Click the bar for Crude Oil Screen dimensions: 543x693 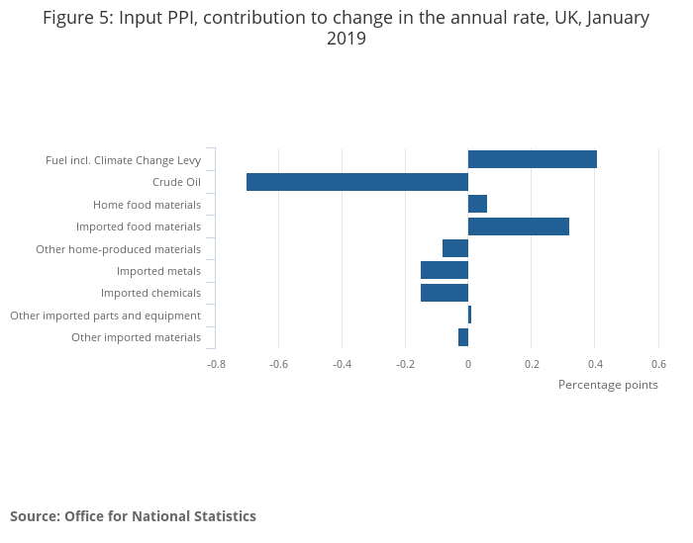[356, 182]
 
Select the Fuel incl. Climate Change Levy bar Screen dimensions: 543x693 [532, 159]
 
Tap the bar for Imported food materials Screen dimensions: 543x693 [518, 226]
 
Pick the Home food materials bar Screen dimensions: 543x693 [477, 204]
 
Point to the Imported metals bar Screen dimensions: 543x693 [444, 271]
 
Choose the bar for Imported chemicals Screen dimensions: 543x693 [444, 293]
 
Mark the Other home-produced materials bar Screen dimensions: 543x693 [454, 248]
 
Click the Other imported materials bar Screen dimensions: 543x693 [462, 337]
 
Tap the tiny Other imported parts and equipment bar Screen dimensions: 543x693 [469, 316]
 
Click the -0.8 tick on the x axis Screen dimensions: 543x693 [216, 364]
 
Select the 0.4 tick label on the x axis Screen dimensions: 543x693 [594, 364]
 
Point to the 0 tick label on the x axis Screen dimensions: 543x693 [468, 364]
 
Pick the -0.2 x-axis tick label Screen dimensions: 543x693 [405, 364]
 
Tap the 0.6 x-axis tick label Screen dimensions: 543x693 [658, 364]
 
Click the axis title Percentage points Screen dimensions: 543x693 [608, 385]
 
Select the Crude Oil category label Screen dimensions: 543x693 [176, 182]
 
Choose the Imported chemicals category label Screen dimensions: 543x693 [150, 293]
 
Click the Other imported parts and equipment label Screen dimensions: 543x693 [105, 316]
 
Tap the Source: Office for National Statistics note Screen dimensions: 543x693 [133, 516]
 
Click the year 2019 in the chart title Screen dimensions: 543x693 [346, 40]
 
